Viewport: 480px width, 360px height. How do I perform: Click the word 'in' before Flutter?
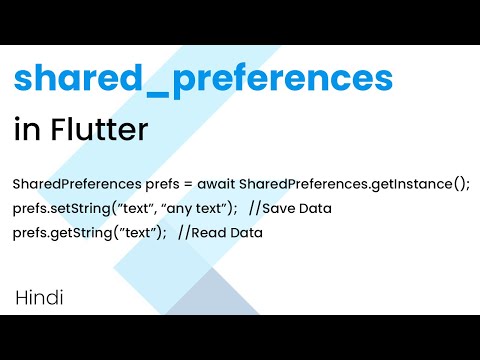pos(25,130)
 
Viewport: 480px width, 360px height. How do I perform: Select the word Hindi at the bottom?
pos(41,297)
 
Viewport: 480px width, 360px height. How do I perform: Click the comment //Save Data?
pos(290,209)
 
